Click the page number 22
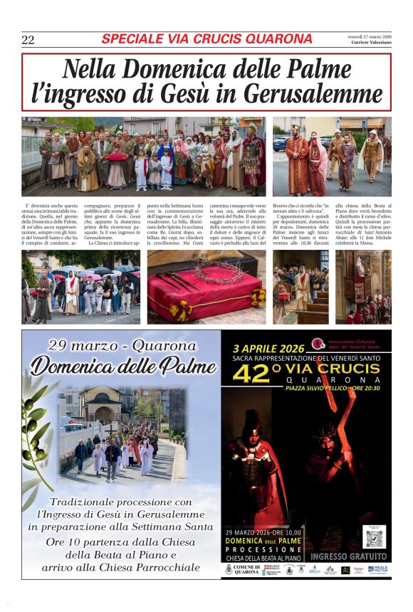pos(28,40)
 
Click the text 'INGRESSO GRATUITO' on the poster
pos(349,556)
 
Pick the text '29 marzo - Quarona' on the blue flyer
pos(122,347)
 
